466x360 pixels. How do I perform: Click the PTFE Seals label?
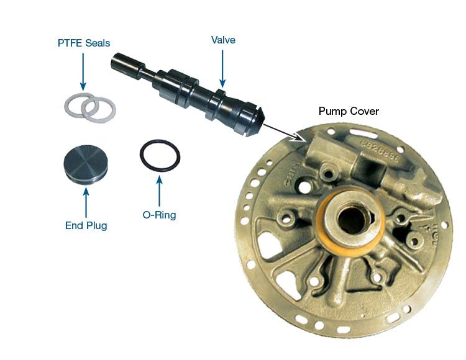coord(84,43)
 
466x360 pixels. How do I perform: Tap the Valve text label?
coord(223,40)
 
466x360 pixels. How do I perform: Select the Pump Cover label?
coord(349,111)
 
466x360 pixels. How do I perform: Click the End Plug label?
coord(86,225)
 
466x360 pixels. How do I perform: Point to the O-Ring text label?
coord(159,215)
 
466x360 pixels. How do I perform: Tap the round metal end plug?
coord(86,163)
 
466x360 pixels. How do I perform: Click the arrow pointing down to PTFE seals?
coord(83,71)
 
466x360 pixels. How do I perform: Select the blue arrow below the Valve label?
coord(222,69)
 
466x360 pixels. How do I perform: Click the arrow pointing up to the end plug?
coord(86,202)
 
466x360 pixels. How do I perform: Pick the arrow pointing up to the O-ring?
coord(159,191)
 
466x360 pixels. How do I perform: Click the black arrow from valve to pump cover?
coord(284,132)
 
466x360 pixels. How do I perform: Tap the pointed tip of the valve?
coord(263,116)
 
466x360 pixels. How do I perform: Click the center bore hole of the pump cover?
coord(352,220)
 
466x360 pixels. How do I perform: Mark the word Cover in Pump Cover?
coord(364,111)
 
